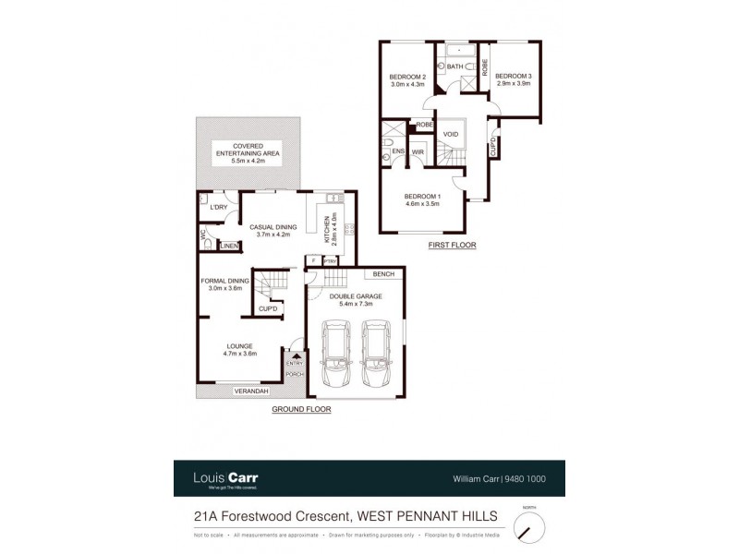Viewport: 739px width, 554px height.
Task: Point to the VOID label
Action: point(451,134)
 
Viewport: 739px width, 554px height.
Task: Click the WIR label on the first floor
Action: point(418,152)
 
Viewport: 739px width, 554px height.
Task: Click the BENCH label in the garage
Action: point(383,274)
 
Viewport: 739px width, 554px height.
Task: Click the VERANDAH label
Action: point(251,391)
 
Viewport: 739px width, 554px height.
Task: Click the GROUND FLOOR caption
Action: point(301,408)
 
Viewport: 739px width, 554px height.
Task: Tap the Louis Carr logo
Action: point(225,477)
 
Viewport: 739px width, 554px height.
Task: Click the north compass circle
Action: point(528,527)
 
